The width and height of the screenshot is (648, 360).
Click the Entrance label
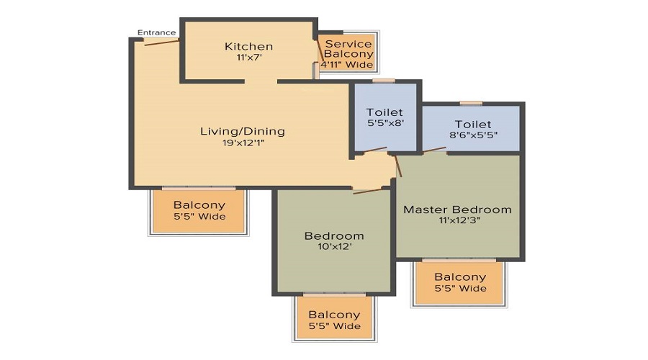click(156, 32)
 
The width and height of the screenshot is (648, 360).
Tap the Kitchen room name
click(248, 47)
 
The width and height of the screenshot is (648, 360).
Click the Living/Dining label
click(242, 131)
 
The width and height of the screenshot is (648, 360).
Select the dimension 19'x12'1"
click(242, 143)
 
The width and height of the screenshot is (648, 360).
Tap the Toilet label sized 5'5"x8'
click(384, 112)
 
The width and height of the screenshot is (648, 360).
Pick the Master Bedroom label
click(457, 210)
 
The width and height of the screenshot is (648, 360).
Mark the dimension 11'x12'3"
click(457, 220)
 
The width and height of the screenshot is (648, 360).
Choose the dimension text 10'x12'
click(333, 247)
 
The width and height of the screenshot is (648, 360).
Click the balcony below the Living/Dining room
click(199, 210)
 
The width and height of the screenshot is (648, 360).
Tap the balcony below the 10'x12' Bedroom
click(334, 320)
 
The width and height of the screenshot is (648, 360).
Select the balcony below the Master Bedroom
click(460, 282)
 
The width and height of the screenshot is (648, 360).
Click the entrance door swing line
click(161, 42)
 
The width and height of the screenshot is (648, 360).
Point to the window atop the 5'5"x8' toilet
click(384, 81)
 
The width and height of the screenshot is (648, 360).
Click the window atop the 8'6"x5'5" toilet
click(470, 103)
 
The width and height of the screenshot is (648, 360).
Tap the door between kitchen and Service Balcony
click(318, 53)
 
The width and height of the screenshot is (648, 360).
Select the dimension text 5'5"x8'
click(384, 123)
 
